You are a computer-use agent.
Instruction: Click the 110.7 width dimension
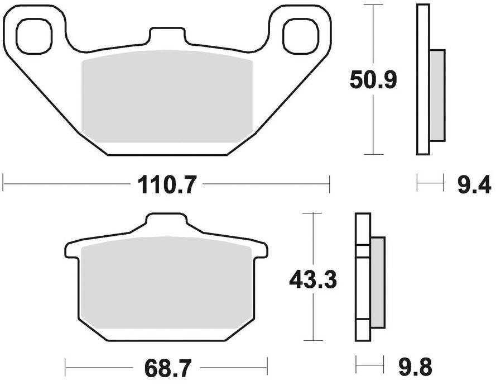[166, 184]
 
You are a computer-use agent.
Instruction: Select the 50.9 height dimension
[373, 80]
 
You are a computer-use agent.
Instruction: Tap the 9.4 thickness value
[474, 184]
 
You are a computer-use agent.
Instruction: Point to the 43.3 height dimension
[312, 279]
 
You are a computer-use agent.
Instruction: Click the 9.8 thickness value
[415, 368]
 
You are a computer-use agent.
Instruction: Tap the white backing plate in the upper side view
[423, 78]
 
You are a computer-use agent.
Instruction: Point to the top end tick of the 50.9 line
[373, 4]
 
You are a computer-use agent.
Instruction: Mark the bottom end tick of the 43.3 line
[312, 340]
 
